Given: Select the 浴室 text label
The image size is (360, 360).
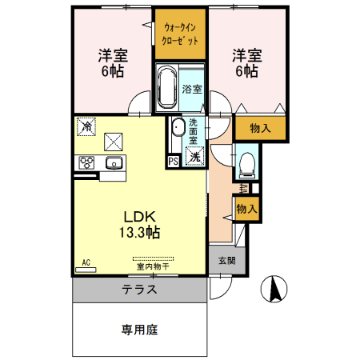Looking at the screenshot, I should point(191,90).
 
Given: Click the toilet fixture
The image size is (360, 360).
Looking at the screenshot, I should point(246,165).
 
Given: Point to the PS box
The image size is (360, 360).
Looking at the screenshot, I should point(173,160).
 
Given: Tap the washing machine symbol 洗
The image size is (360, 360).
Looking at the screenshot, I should point(193,157).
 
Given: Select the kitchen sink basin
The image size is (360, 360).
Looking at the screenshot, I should point(114,163).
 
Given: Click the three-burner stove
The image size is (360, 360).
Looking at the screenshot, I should point(87,163).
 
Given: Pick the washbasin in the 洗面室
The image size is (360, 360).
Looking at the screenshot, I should point(177,126).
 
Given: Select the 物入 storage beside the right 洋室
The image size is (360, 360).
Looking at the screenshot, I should point(260,128).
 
